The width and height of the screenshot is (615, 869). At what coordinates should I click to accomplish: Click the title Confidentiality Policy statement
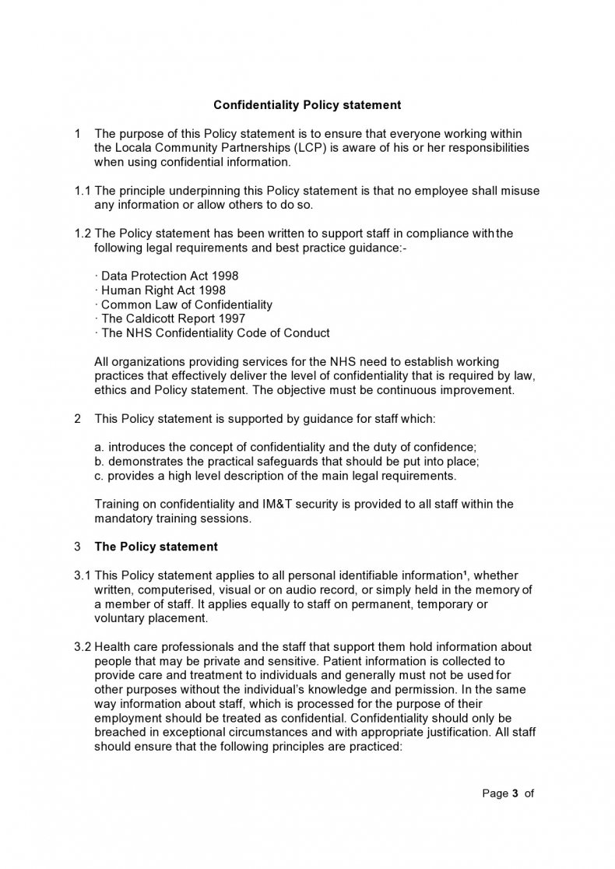tap(307, 104)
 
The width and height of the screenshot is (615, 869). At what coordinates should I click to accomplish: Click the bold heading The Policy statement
tap(156, 547)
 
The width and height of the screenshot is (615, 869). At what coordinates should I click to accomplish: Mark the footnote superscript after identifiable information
tap(465, 573)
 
